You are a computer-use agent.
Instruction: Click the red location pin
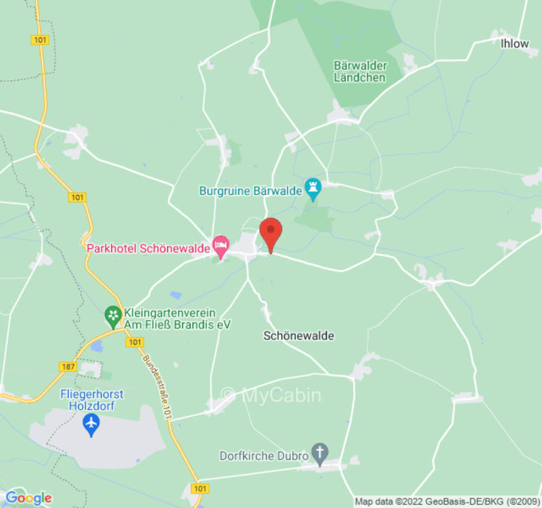271,232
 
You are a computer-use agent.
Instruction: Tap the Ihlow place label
515,44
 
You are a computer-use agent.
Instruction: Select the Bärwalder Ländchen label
360,71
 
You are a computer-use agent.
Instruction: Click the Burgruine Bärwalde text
249,190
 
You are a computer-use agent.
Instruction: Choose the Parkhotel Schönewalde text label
148,248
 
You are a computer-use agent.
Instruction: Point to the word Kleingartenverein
170,313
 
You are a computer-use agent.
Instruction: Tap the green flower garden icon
112,314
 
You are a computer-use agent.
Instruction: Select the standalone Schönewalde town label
299,336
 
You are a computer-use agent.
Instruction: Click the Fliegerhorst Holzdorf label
91,399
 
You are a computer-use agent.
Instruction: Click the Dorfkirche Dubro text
264,455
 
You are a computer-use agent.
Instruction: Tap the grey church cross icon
322,453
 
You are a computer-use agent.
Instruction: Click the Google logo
28,498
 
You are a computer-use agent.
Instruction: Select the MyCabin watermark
272,396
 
